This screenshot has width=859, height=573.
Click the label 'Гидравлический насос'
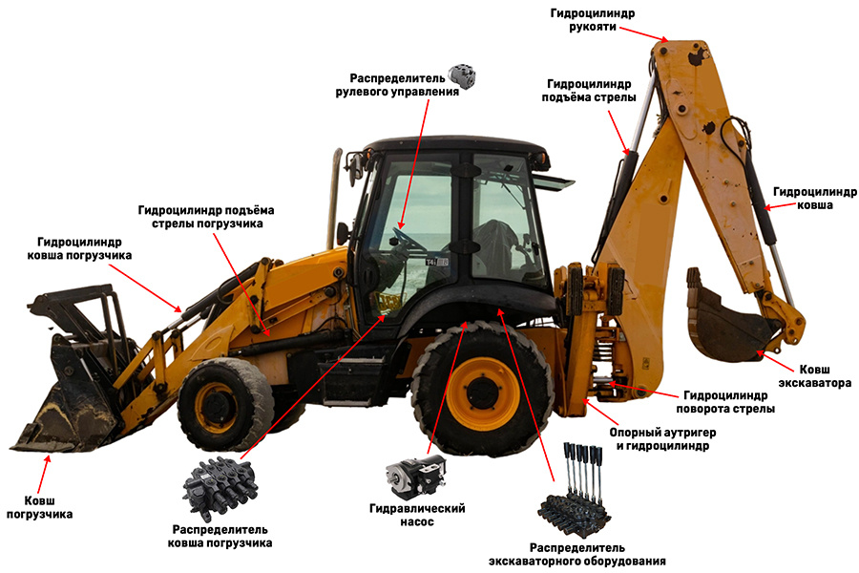(x=417, y=515)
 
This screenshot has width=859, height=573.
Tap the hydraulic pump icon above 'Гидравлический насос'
(x=416, y=477)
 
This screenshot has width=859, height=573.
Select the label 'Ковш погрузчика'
(x=39, y=507)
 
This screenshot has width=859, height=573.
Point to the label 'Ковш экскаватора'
(x=815, y=376)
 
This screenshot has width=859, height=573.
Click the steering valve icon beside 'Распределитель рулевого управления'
(x=462, y=75)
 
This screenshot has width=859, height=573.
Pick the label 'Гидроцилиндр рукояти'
(x=592, y=20)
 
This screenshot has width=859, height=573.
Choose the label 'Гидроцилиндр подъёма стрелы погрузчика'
(x=206, y=217)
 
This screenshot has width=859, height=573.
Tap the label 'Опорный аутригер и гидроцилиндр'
(x=662, y=438)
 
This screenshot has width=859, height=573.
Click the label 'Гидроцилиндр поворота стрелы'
(x=725, y=402)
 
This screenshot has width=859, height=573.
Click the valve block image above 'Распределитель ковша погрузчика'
(x=220, y=487)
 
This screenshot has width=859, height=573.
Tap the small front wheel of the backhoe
(x=225, y=404)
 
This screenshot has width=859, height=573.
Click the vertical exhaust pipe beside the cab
(x=334, y=199)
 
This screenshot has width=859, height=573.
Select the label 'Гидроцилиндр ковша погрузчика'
(x=79, y=248)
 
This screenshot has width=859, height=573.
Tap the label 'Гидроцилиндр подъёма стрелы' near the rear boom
(x=589, y=91)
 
